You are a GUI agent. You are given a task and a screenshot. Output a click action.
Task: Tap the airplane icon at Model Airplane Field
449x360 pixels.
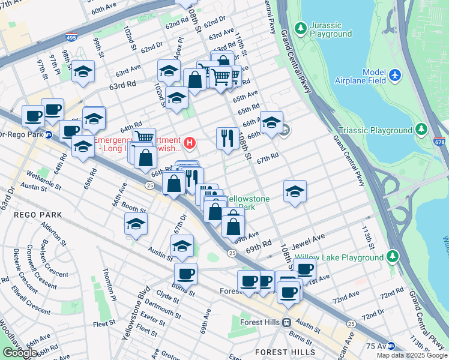click(x=394, y=76)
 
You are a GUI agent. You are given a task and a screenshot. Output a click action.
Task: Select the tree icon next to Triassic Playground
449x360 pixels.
click(x=421, y=130)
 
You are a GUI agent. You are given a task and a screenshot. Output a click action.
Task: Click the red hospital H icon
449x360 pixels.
click(x=190, y=143)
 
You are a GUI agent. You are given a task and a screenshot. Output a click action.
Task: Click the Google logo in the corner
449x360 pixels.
click(x=20, y=353)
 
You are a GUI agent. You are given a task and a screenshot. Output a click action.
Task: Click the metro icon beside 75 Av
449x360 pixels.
click(x=391, y=346)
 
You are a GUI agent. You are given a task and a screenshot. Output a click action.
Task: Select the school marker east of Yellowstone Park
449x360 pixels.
click(x=295, y=191)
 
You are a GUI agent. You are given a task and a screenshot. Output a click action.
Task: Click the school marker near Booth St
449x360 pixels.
click(x=136, y=224)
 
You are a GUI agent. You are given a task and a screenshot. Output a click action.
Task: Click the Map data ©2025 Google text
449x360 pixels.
click(x=412, y=355)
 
